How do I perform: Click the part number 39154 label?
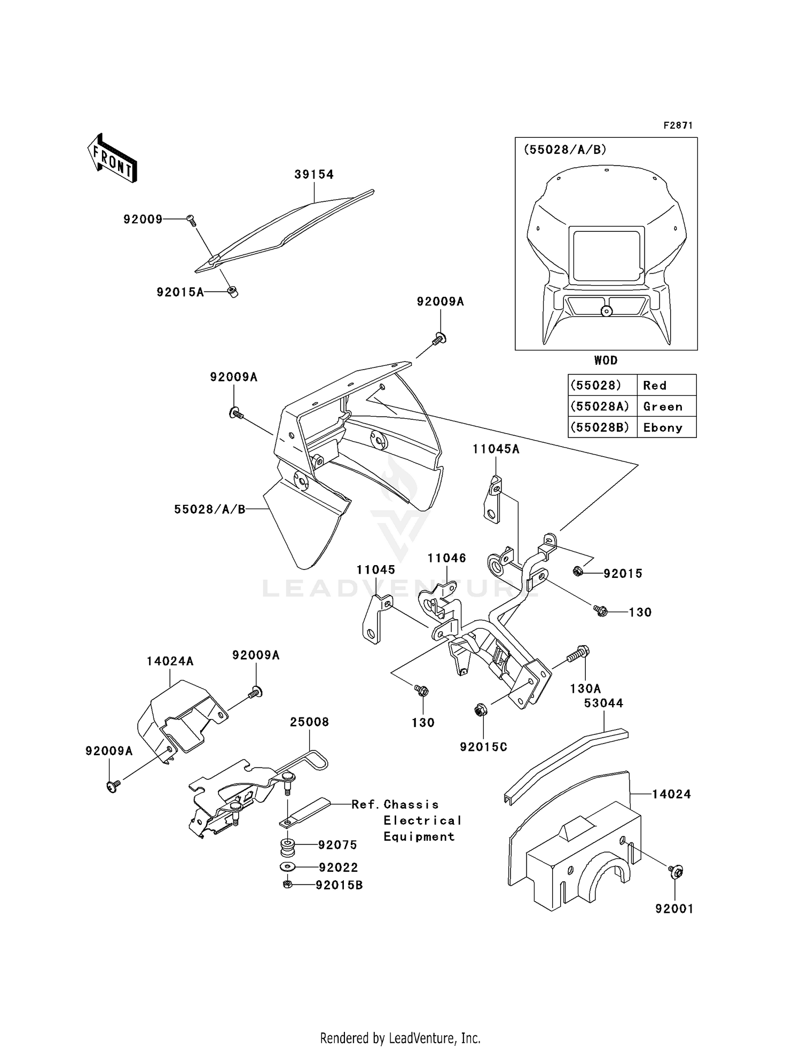coord(314,175)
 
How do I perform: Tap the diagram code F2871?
coord(678,126)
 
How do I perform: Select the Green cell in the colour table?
coord(663,406)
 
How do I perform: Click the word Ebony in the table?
coord(663,427)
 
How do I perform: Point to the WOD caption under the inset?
coord(606,361)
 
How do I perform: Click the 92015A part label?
coord(180,292)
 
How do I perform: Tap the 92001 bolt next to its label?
coord(676,872)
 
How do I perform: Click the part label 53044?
coord(603,703)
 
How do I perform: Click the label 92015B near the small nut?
coord(339,885)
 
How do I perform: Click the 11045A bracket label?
coord(496,449)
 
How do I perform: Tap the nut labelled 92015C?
coord(479,710)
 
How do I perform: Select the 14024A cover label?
coord(170,661)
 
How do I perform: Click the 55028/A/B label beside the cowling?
coord(209,510)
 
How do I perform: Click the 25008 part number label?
coord(309,722)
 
